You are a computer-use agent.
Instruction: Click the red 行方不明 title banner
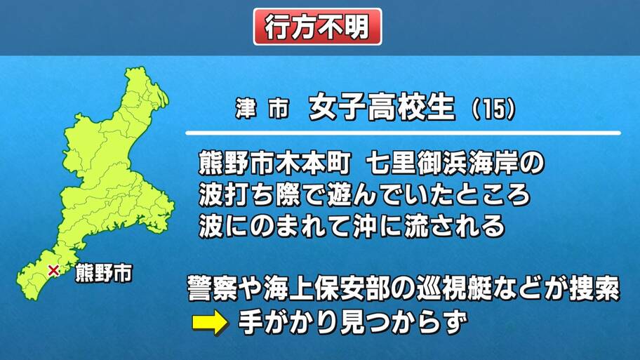[x=318, y=27]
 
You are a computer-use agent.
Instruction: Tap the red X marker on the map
[x=53, y=270]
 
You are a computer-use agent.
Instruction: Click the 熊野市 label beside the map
[x=104, y=273]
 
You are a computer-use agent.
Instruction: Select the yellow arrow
[x=211, y=322]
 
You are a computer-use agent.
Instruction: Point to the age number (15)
[x=494, y=109]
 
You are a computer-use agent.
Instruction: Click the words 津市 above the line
[x=262, y=109]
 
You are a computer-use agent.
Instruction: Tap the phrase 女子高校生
[x=382, y=107]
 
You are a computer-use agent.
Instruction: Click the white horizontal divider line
[x=403, y=133]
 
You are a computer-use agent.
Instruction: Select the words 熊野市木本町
[x=274, y=164]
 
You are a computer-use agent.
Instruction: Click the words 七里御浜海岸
[x=443, y=164]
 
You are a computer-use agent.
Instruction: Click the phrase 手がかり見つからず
[x=353, y=322]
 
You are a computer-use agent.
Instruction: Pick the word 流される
[x=454, y=226]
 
